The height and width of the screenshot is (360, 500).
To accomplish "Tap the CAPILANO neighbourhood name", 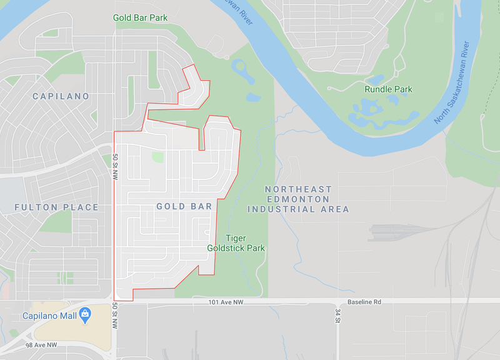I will (x=61, y=96).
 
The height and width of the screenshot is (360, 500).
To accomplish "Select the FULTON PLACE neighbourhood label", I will (x=56, y=207).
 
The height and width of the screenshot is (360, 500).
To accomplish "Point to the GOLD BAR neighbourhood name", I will (x=184, y=206).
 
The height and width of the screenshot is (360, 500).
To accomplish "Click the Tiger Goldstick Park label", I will (x=236, y=243).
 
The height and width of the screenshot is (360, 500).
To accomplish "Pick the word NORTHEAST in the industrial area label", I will (x=298, y=189).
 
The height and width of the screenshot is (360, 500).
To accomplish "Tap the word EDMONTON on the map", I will (x=298, y=199).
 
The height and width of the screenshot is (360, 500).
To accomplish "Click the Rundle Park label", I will (x=388, y=89).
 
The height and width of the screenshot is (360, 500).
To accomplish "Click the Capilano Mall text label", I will (x=49, y=316).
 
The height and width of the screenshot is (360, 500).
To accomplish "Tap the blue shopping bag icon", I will (x=85, y=314).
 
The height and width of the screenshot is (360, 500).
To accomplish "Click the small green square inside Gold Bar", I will (x=158, y=157).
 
